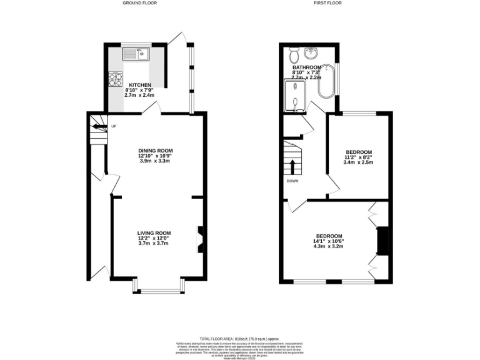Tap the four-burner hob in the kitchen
click(116, 79)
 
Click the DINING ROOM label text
click(156, 151)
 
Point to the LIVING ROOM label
click(154, 233)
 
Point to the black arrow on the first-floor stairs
click(292, 166)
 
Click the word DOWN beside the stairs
click(292, 181)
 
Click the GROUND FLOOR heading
click(139, 3)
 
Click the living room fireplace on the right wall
click(200, 238)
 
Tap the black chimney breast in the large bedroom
click(383, 241)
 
